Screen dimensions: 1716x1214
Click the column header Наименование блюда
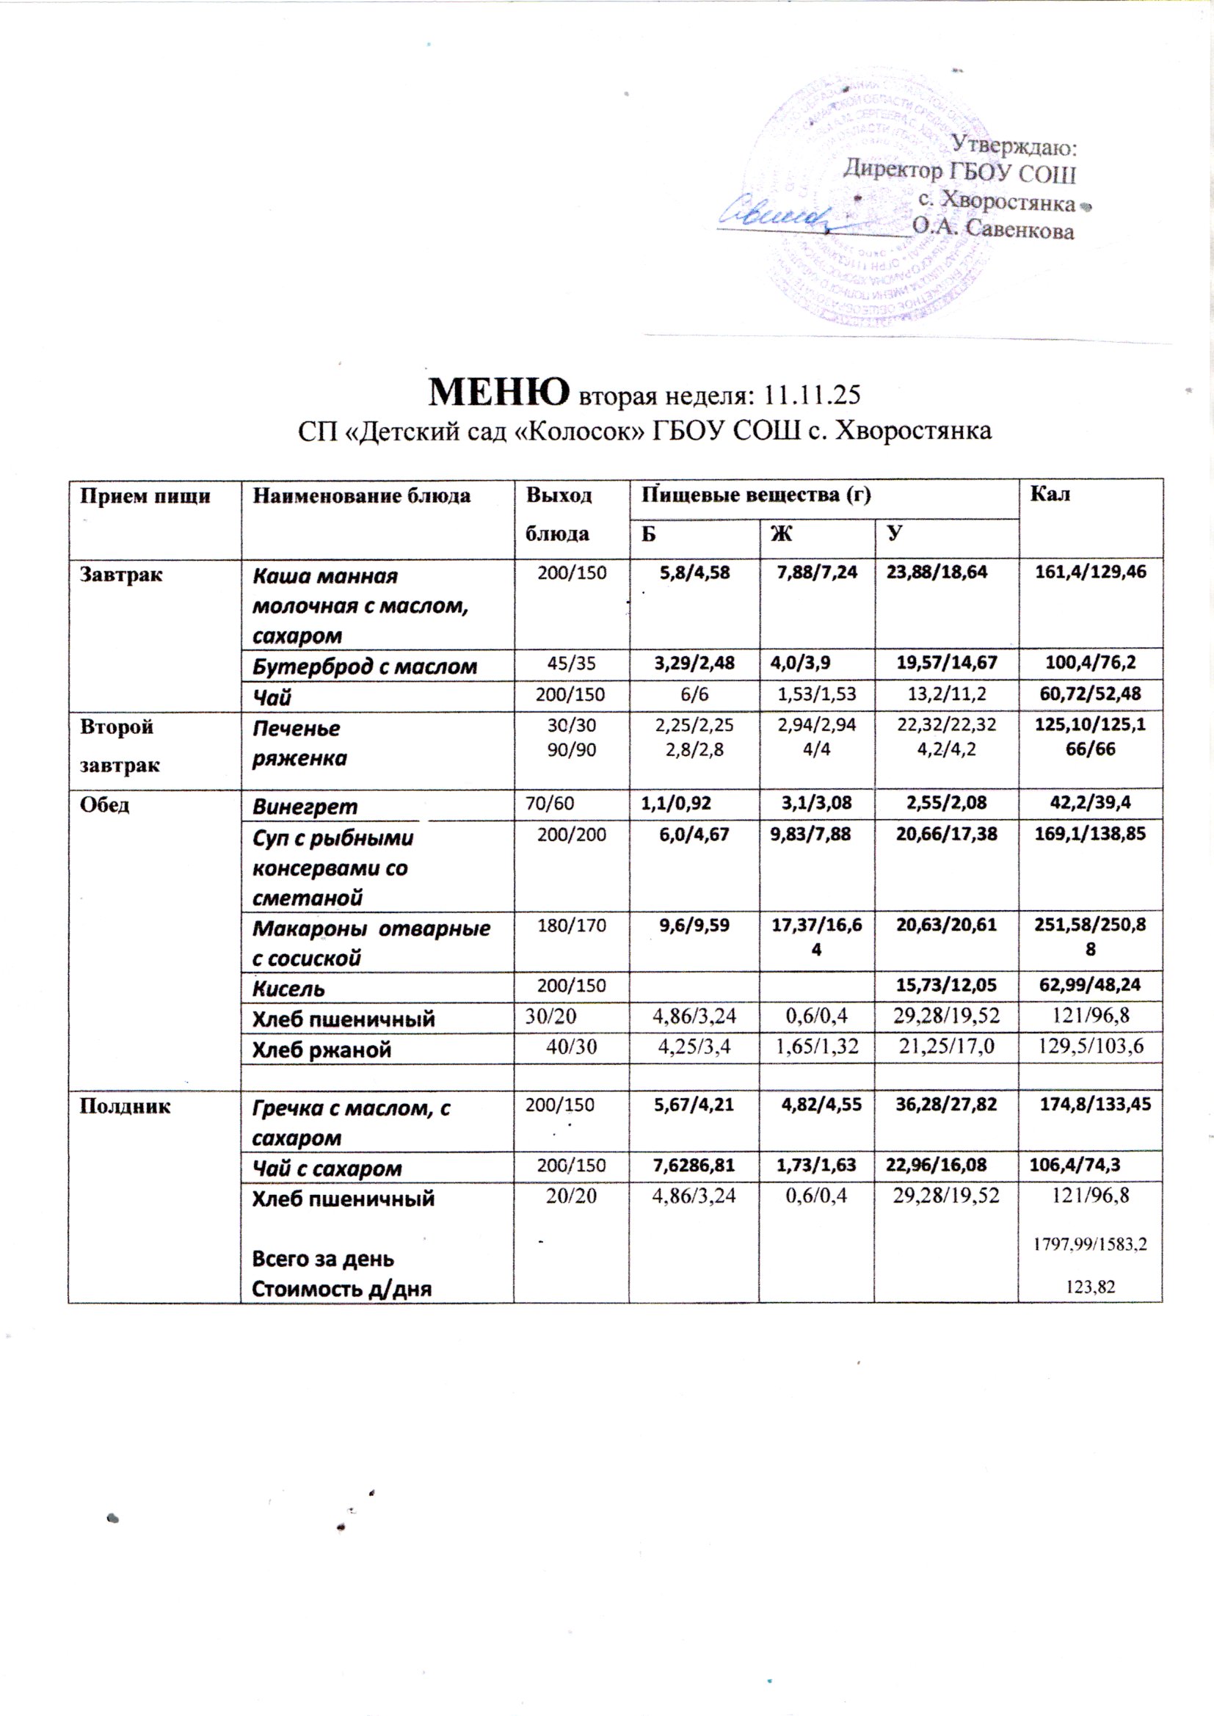(362, 495)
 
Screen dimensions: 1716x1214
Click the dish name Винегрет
(305, 807)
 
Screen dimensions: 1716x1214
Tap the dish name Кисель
(288, 989)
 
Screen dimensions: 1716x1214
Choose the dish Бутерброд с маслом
(365, 666)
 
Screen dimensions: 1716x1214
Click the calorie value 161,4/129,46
(1090, 573)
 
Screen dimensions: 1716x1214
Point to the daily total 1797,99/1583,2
(1090, 1244)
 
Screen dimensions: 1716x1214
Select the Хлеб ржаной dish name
(322, 1050)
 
